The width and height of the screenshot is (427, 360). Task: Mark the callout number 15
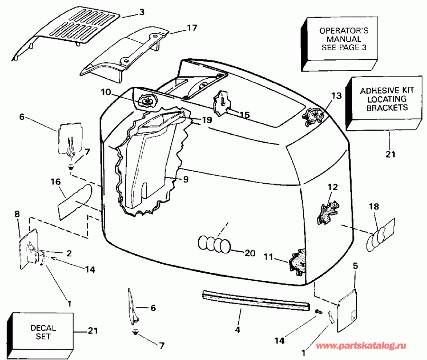pos(244,115)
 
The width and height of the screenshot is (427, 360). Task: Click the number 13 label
pos(336,96)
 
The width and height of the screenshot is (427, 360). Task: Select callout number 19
pos(206,120)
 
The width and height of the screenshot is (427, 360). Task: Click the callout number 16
pos(56,181)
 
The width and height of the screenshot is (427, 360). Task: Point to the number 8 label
pos(17,214)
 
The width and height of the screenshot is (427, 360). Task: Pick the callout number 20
pos(249,253)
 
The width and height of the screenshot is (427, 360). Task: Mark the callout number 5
pos(356,266)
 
